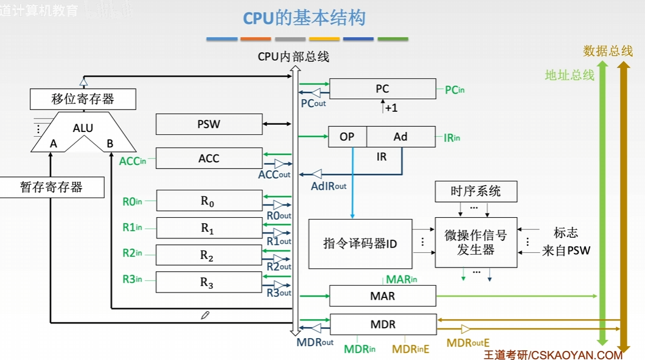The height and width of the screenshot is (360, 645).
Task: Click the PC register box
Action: coord(383,89)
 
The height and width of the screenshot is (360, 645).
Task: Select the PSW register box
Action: coord(209,124)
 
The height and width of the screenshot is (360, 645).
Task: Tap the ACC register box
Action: coord(209,158)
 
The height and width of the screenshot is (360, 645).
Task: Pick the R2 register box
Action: coord(209,255)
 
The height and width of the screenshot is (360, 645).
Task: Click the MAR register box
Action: coord(383,296)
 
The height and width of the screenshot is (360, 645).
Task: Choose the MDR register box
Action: coord(383,324)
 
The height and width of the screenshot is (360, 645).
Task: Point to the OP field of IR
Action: coord(347,136)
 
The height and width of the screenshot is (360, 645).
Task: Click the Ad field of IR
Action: coord(400,136)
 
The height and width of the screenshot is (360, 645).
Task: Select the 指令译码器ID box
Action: coord(360,244)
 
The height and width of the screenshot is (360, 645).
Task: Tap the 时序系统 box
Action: coord(476,191)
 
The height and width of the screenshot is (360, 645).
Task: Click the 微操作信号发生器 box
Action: coord(476,243)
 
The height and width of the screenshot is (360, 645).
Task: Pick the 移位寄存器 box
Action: coord(83,99)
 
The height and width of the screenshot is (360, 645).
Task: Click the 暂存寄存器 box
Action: coord(52,187)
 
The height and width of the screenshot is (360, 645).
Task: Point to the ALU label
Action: coord(83,128)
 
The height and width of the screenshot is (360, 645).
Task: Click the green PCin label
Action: coord(455,90)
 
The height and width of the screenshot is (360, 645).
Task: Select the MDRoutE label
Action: coord(468,343)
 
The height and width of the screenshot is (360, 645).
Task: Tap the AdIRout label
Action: coord(329,186)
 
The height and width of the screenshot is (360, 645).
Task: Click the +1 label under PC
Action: coord(391,108)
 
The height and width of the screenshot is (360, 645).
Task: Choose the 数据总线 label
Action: coord(608,51)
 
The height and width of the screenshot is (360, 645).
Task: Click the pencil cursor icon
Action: coord(205,315)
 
